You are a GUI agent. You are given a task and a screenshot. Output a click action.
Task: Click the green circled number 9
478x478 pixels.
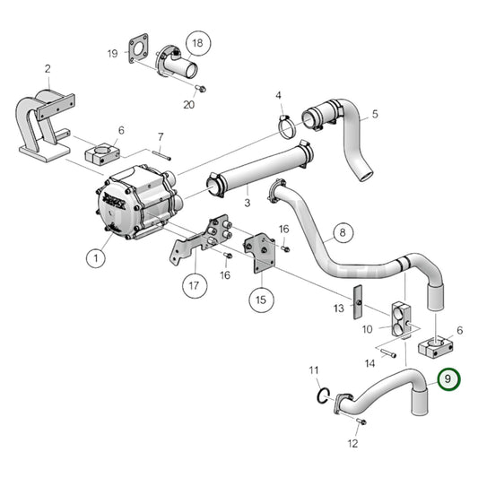pyautogui.click(x=446, y=380)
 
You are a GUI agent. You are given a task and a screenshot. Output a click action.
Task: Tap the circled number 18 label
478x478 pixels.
pyautogui.click(x=198, y=42)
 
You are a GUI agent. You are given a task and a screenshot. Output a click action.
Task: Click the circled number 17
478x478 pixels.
pyautogui.click(x=194, y=287)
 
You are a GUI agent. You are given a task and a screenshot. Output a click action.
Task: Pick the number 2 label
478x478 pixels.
pyautogui.click(x=47, y=68)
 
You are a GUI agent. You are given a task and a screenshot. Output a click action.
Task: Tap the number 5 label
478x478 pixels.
pyautogui.click(x=376, y=114)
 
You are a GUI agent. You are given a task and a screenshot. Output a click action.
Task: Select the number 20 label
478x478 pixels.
pyautogui.click(x=188, y=105)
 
